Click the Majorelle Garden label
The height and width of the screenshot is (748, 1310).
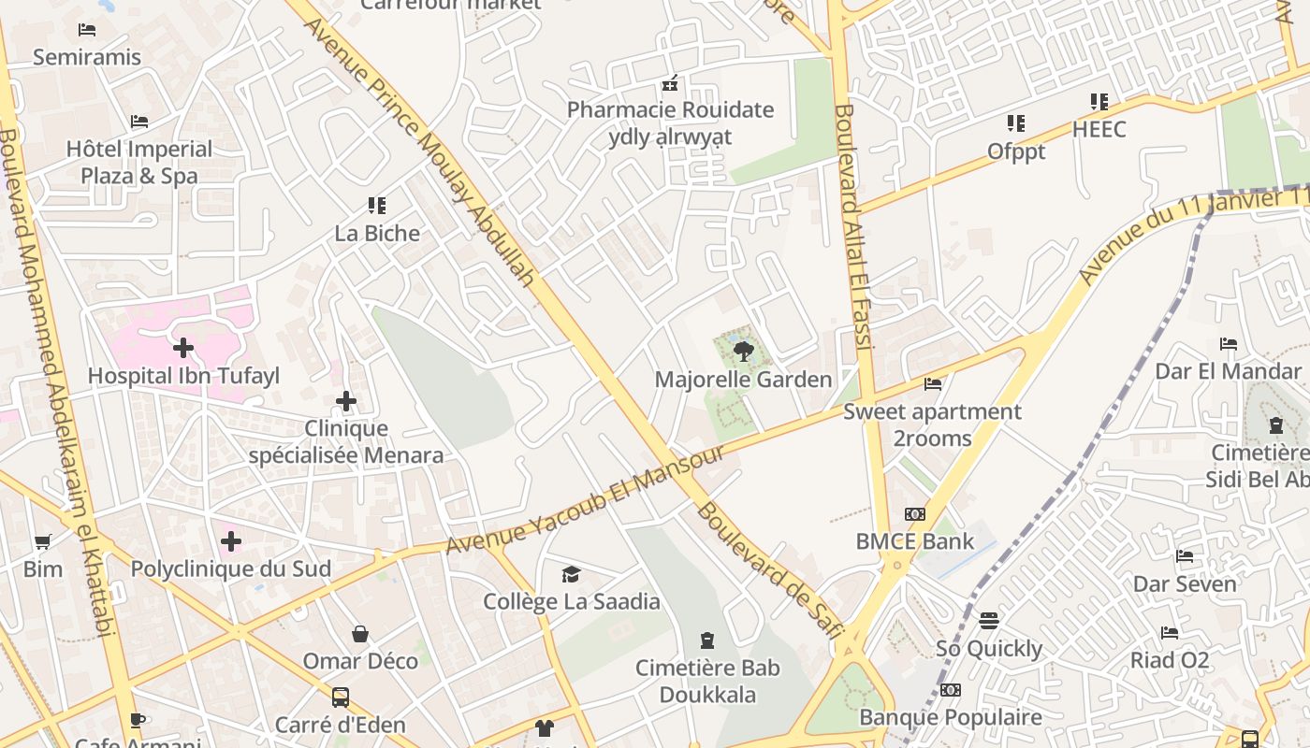pyautogui.click(x=743, y=380)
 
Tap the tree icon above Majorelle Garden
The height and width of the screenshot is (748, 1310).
pyautogui.click(x=743, y=352)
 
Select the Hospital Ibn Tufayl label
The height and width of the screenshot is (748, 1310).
pyautogui.click(x=183, y=376)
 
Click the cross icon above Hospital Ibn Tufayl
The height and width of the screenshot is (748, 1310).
pyautogui.click(x=183, y=349)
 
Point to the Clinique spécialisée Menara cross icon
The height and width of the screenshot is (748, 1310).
pyautogui.click(x=346, y=401)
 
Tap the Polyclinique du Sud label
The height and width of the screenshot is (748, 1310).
pyautogui.click(x=231, y=568)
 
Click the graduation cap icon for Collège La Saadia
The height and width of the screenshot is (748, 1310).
pyautogui.click(x=571, y=574)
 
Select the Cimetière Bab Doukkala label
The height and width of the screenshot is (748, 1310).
pyautogui.click(x=707, y=682)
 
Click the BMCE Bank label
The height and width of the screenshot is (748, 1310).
pyautogui.click(x=915, y=541)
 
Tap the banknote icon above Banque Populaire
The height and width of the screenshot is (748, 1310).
pyautogui.click(x=951, y=690)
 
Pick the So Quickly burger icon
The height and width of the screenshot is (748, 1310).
pyautogui.click(x=989, y=621)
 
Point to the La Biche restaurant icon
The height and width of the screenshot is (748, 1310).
pyautogui.click(x=377, y=206)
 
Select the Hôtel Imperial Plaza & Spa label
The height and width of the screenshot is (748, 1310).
pyautogui.click(x=139, y=162)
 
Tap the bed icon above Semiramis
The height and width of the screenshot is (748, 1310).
pyautogui.click(x=87, y=30)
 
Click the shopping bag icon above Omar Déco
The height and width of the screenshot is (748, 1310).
pyautogui.click(x=360, y=634)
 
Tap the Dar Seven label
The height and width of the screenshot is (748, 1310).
pyautogui.click(x=1185, y=583)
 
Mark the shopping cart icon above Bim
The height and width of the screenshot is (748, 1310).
pyautogui.click(x=43, y=541)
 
